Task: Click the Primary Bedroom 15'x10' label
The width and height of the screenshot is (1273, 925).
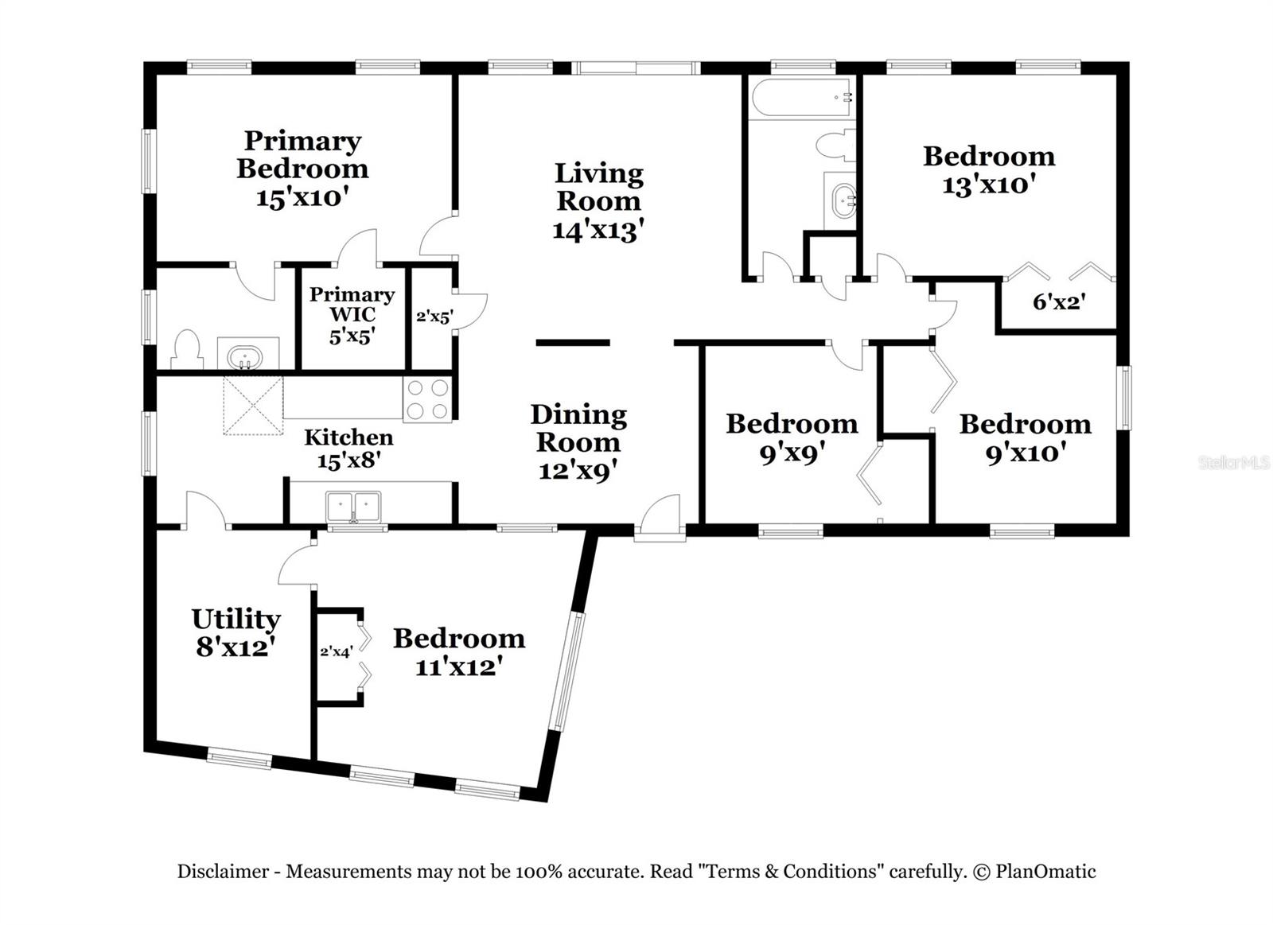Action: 302,169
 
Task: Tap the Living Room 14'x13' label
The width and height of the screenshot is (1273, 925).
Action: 598,201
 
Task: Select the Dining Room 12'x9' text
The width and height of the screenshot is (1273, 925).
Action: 578,442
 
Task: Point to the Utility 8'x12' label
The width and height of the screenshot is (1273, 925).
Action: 236,632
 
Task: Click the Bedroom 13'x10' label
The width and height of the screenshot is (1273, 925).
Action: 989,170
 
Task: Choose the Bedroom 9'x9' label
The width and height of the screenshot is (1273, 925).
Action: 792,437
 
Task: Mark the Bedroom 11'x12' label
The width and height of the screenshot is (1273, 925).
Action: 459,651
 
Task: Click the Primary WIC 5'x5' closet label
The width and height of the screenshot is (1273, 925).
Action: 352,315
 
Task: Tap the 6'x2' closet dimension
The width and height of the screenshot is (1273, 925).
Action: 1059,302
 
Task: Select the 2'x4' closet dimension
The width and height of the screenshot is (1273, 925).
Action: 336,652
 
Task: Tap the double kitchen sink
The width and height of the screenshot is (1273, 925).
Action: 353,507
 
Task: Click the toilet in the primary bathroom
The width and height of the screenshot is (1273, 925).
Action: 188,350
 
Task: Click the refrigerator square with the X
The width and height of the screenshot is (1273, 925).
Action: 253,406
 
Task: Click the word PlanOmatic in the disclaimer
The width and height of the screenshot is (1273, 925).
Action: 1045,872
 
